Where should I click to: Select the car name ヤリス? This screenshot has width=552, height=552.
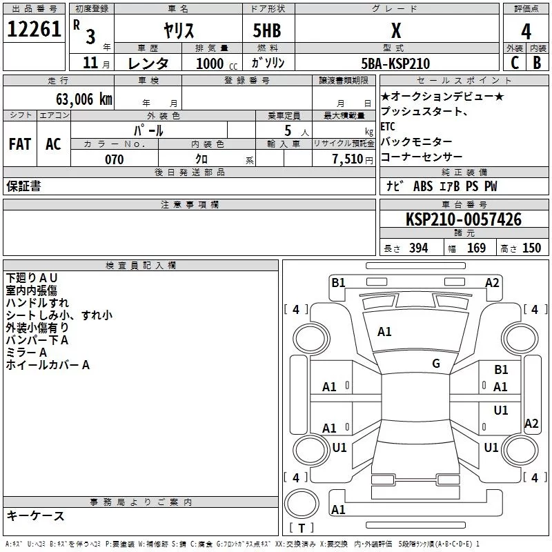(x=178, y=30)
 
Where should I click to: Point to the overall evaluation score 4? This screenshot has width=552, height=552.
(x=526, y=30)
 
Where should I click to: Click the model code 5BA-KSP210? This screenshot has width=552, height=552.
(x=395, y=63)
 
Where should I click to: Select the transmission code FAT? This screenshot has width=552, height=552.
(x=20, y=144)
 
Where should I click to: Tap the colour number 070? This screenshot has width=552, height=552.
(x=114, y=159)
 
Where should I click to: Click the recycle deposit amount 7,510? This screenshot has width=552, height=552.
(x=347, y=159)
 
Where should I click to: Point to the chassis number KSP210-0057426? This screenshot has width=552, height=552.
(x=464, y=220)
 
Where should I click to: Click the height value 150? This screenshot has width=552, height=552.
(x=531, y=248)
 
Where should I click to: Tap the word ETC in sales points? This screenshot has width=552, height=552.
(x=388, y=126)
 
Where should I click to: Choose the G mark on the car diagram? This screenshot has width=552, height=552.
(x=436, y=363)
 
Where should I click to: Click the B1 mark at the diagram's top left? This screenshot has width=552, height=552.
(x=338, y=282)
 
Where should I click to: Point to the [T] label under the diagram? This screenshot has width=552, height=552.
(x=301, y=529)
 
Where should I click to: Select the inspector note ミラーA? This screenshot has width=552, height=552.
(x=26, y=353)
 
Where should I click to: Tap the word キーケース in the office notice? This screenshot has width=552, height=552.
(x=36, y=515)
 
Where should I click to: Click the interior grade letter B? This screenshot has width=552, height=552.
(x=537, y=63)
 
